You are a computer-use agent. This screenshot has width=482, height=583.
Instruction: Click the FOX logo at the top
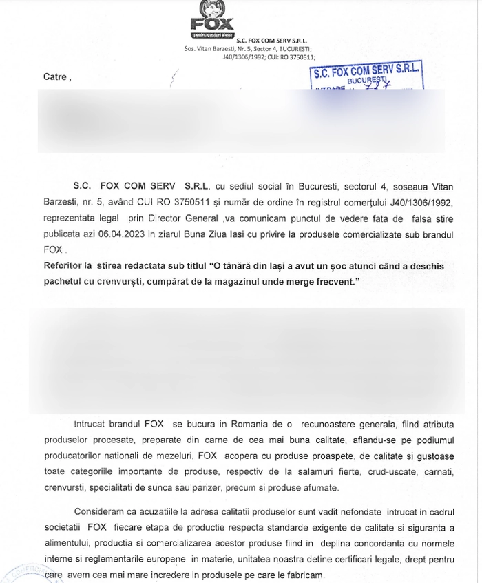click(x=212, y=19)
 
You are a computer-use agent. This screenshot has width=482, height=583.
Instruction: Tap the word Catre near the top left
click(x=55, y=77)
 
